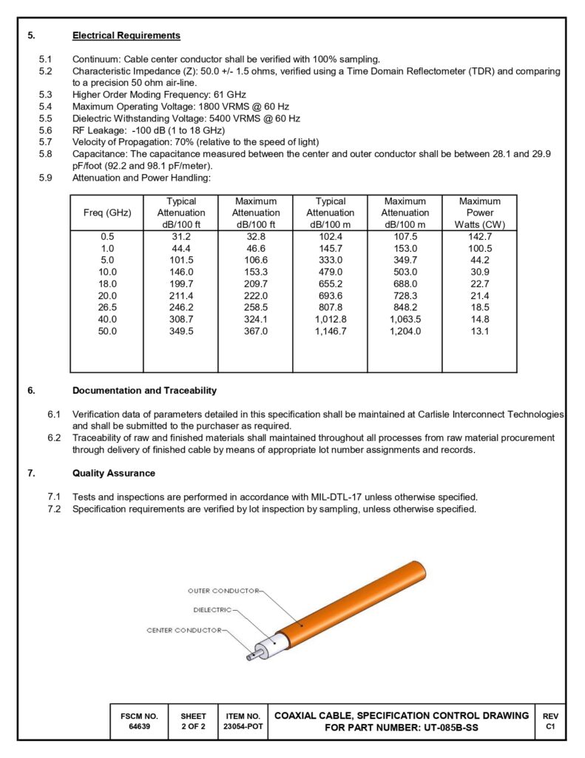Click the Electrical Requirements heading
pyautogui.click(x=126, y=36)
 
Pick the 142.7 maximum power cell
pyautogui.click(x=479, y=236)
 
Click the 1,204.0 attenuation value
pyautogui.click(x=405, y=331)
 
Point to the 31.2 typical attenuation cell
pyautogui.click(x=180, y=236)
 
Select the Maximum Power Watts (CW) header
pyautogui.click(x=479, y=213)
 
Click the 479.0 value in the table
pyautogui.click(x=330, y=272)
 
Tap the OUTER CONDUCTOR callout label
pyautogui.click(x=223, y=591)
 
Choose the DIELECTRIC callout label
pyautogui.click(x=212, y=611)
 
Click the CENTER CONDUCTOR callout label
pyautogui.click(x=184, y=630)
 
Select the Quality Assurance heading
pyautogui.click(x=113, y=473)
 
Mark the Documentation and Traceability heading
pyautogui.click(x=144, y=390)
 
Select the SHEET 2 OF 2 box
pyautogui.click(x=193, y=722)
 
